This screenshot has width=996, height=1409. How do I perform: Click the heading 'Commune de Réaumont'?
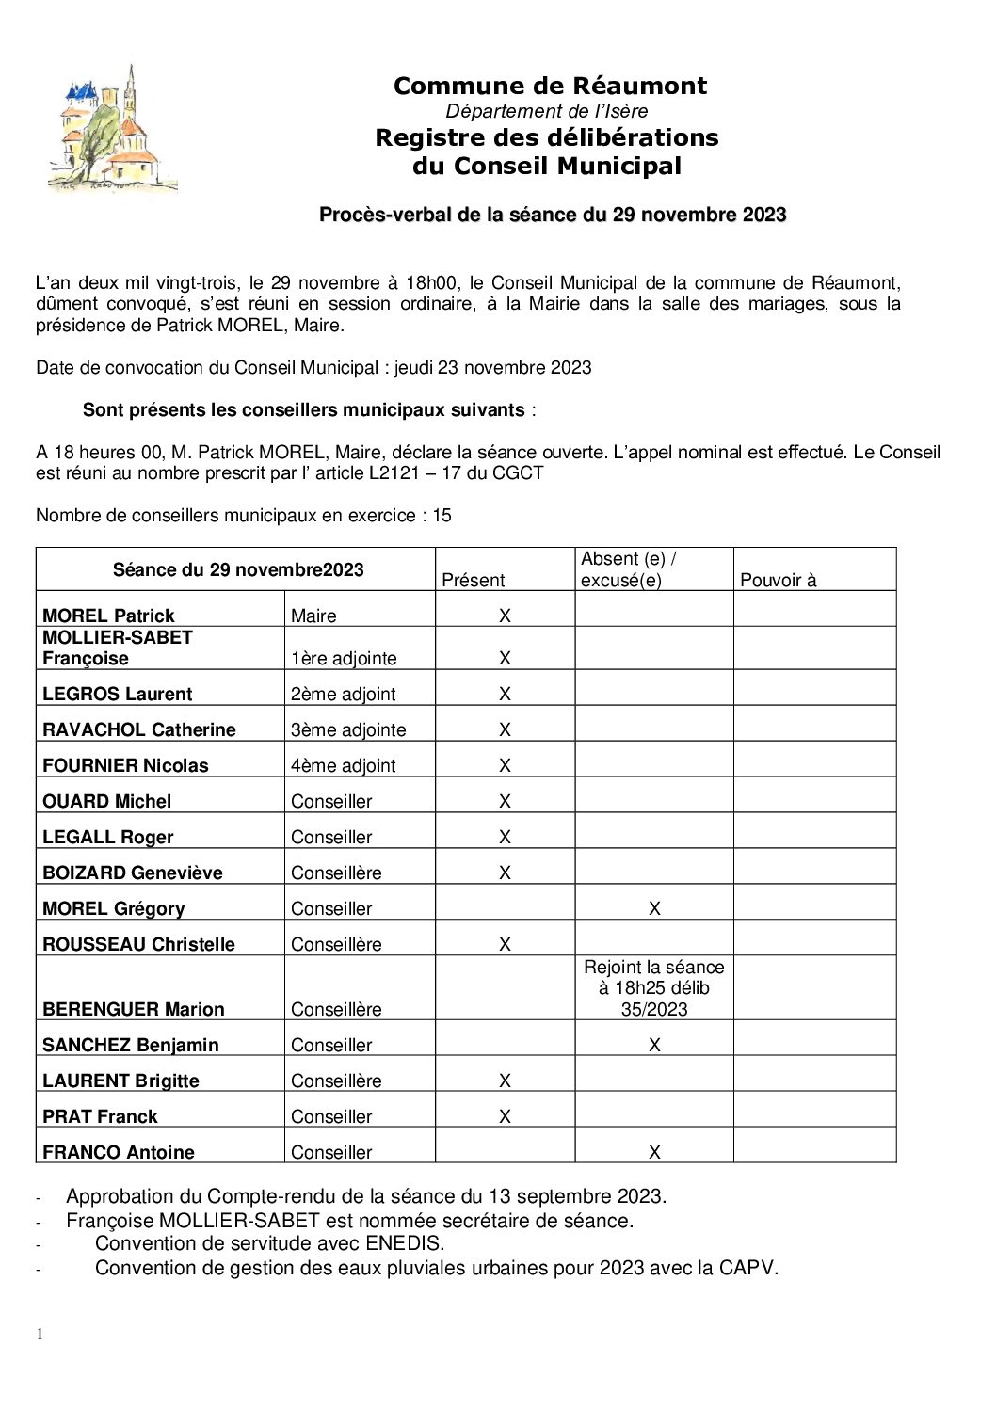coord(550,86)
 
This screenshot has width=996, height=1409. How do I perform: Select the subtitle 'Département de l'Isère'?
coord(547,111)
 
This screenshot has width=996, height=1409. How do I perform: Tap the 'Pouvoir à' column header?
coord(779,580)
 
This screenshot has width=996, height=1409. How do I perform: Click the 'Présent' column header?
coord(473,580)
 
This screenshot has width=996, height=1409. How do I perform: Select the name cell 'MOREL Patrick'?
coord(108,616)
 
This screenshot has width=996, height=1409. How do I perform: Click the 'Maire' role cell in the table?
coord(313,616)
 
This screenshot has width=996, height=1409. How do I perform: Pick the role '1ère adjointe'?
coord(344,658)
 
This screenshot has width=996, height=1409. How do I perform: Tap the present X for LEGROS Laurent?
coord(505,694)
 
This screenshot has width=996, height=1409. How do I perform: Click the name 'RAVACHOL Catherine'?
coord(138,729)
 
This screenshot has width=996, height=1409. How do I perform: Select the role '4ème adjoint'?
coord(343,765)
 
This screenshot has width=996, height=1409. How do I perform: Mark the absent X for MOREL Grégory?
coord(654,908)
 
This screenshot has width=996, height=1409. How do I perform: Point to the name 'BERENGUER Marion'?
coord(133,1009)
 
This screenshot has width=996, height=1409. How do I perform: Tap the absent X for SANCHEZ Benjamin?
coord(654,1045)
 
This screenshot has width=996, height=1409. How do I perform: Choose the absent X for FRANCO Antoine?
coord(654,1152)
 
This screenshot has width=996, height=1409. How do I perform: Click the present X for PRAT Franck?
coord(505,1116)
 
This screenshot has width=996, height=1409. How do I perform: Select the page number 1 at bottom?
coord(40,1334)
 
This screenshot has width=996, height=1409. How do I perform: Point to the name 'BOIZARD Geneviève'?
coord(132,873)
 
